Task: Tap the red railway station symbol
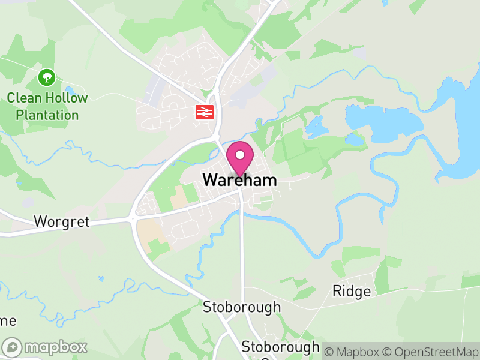click(205, 112)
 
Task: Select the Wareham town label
click(240, 180)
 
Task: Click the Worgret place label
click(62, 222)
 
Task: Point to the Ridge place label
click(352, 292)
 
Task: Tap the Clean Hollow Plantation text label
click(47, 106)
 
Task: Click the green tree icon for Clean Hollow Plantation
click(47, 77)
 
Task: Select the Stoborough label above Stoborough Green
click(242, 307)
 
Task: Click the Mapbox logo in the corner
click(45, 347)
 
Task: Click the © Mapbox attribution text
click(355, 351)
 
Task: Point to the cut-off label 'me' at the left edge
click(7, 321)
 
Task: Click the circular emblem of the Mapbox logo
click(13, 347)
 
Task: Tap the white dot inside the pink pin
click(240, 155)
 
